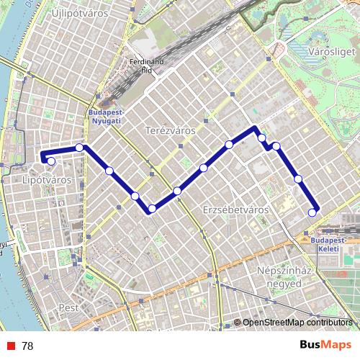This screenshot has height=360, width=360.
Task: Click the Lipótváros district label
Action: point(47,179)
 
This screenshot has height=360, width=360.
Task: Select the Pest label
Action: point(68,307)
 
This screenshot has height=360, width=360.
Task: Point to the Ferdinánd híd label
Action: point(141,66)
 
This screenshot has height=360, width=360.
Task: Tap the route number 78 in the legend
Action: point(27,346)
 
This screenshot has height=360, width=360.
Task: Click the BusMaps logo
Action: point(325,345)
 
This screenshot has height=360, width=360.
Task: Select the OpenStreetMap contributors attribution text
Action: point(297,323)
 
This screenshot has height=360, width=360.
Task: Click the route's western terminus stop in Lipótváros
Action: point(50,161)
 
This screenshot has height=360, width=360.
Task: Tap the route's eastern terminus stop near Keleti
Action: point(312,212)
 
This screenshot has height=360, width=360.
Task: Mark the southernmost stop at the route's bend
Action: point(152,209)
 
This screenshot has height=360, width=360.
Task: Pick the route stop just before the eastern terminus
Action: point(298,179)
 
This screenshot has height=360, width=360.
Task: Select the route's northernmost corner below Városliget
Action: point(255,128)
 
